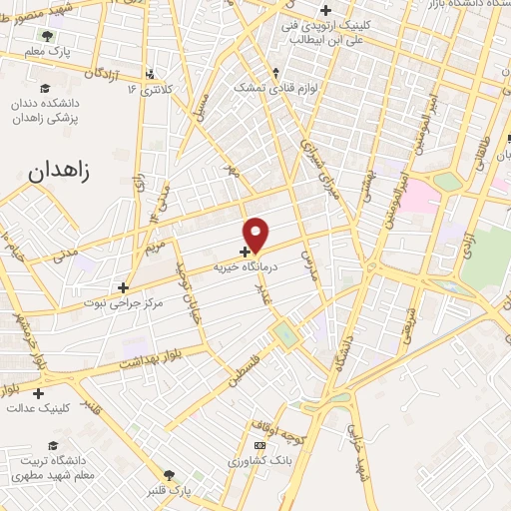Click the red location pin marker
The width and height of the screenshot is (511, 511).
tap(257, 235)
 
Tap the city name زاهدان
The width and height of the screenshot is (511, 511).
tap(55, 171)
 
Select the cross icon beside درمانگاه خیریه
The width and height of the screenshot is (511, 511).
tap(246, 252)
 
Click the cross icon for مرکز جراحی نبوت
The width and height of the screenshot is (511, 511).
tap(123, 287)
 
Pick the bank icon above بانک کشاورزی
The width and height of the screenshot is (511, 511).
tap(260, 445)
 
